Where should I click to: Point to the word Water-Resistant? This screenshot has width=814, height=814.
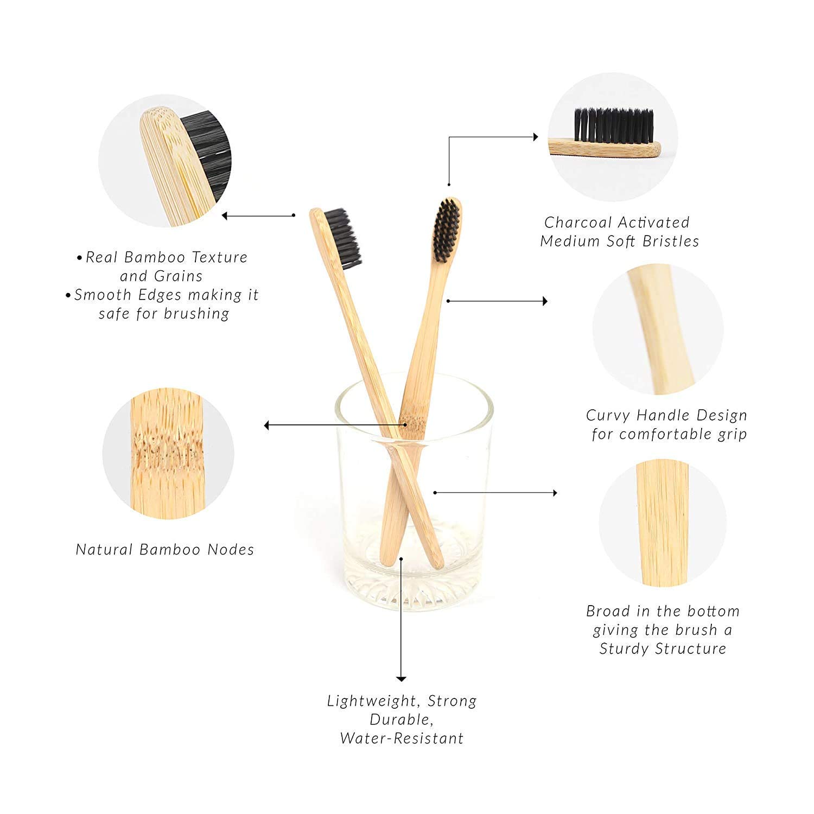(x=402, y=738)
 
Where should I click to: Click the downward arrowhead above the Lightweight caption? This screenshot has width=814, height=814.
(x=401, y=678)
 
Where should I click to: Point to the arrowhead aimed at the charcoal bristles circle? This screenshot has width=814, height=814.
(x=536, y=137)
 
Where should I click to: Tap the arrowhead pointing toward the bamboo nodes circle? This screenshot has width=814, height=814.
(x=267, y=425)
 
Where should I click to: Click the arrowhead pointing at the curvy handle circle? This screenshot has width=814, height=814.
(x=544, y=301)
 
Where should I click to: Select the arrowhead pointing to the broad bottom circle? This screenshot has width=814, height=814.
(x=554, y=493)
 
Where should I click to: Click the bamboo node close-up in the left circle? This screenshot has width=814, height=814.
(x=168, y=454)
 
